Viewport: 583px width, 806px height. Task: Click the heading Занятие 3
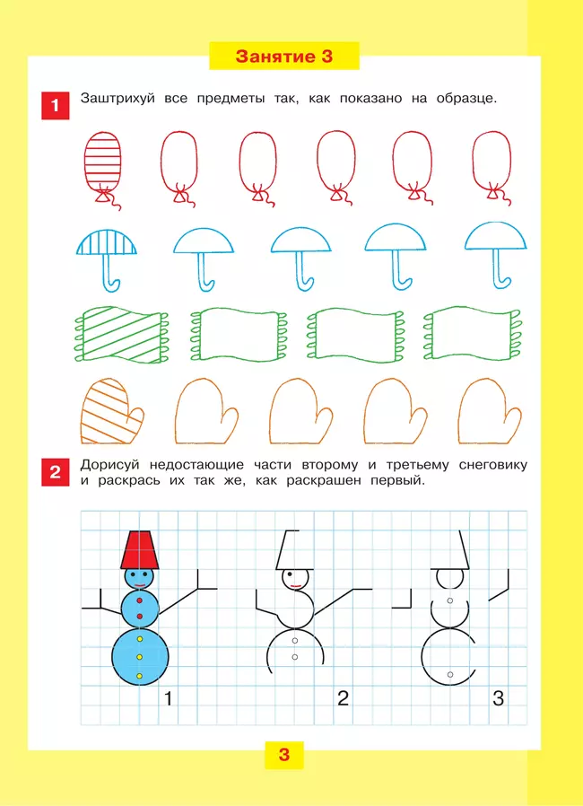(x=284, y=56)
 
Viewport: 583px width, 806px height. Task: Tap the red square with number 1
(x=55, y=105)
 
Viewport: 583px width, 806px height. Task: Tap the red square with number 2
(x=55, y=472)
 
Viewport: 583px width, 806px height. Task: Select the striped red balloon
(x=104, y=170)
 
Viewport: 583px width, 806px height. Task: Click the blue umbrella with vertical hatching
(x=107, y=259)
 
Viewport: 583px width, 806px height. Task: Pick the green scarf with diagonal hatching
(x=121, y=335)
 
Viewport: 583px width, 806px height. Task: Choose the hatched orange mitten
(x=112, y=412)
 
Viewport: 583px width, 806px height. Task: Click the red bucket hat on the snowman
(x=139, y=550)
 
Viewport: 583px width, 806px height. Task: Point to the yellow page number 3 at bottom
(x=284, y=755)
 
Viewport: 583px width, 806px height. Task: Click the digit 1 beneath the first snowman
(x=168, y=698)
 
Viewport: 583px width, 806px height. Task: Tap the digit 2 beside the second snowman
(x=343, y=698)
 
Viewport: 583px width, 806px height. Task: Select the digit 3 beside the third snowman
(x=498, y=698)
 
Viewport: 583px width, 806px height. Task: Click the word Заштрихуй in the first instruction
(x=117, y=99)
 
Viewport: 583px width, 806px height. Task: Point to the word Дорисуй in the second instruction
(x=110, y=465)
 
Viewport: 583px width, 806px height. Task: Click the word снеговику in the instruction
(x=492, y=465)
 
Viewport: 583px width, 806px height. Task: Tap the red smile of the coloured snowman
(x=140, y=585)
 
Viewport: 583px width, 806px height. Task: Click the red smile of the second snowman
(x=295, y=585)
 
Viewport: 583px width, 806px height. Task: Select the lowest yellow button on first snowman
(x=139, y=676)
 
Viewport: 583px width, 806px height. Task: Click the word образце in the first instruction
(x=466, y=99)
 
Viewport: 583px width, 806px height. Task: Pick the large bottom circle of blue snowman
(x=140, y=656)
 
